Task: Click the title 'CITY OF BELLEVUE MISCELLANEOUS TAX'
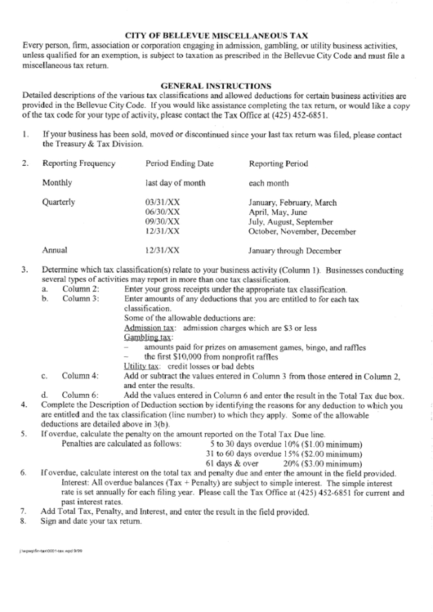click(x=216, y=36)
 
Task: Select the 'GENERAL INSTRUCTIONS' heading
click(x=216, y=84)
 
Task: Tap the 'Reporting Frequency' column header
click(x=78, y=163)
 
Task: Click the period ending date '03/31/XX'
click(x=162, y=201)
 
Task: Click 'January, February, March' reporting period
click(x=292, y=201)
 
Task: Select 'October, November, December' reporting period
click(x=301, y=231)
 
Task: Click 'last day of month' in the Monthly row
click(x=175, y=183)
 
